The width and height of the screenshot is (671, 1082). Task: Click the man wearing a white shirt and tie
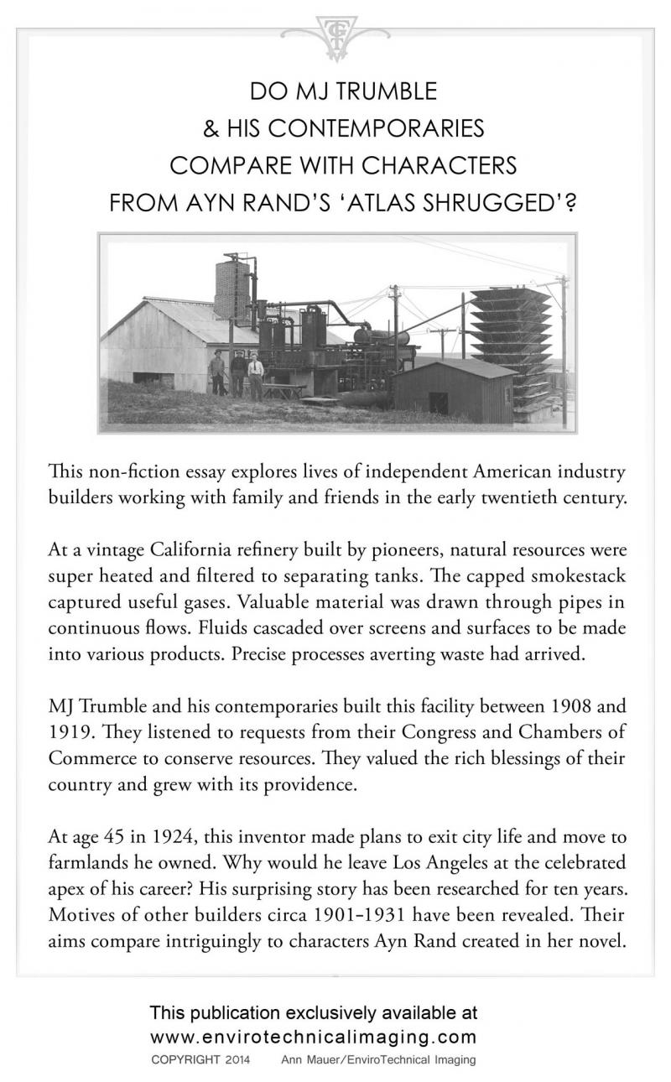[x=255, y=377]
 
